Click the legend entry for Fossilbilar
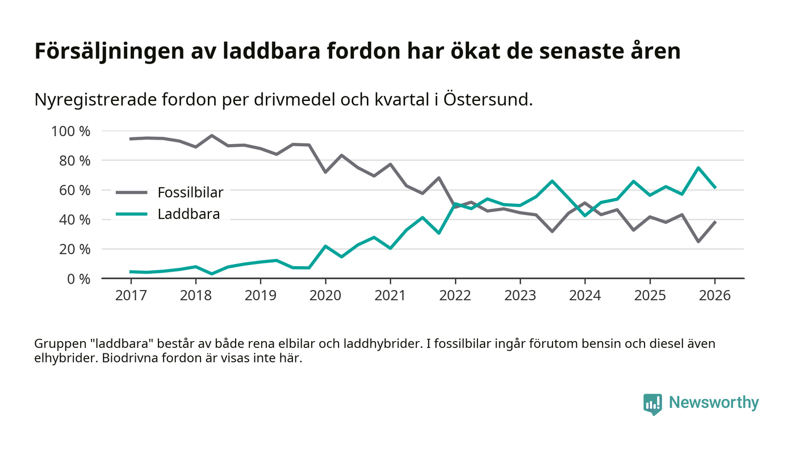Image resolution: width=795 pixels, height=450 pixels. (190, 192)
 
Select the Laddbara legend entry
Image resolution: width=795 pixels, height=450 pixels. (189, 214)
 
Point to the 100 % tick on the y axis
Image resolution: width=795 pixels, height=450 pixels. (71, 131)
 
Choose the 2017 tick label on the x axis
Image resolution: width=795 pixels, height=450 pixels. (131, 296)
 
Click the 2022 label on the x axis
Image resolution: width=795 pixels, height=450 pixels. (455, 296)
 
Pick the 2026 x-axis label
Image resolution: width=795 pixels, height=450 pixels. (714, 296)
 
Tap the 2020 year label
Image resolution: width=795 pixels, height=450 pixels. (325, 296)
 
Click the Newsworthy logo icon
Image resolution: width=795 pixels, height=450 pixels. (652, 403)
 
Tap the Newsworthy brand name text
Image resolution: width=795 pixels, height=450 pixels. (714, 402)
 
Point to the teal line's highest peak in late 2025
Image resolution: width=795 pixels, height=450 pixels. (682, 167)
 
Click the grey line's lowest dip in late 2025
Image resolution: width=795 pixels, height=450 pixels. (682, 242)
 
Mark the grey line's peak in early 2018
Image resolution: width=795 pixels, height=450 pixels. (212, 136)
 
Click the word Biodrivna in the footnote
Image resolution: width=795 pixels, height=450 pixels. (129, 359)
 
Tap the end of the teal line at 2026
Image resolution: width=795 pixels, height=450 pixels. (715, 187)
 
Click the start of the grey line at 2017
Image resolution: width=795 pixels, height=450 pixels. (131, 138)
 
